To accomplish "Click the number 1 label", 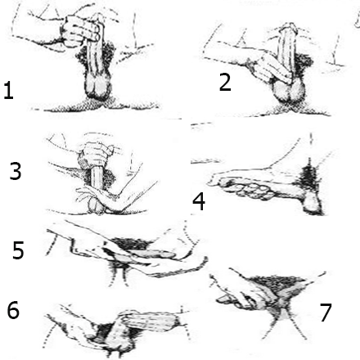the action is point(8,91).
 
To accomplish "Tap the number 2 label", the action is point(225,82).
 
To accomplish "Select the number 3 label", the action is point(16,171).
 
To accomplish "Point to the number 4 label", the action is point(199,201).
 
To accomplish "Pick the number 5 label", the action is point(18,250).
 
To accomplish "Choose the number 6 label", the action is point(13,310).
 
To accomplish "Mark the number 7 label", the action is point(326,312).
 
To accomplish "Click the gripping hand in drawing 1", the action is point(79,30).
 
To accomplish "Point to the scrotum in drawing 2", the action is point(289,92).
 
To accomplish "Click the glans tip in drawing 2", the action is point(289,26).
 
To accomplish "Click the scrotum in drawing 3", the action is point(97,206).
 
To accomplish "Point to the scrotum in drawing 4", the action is point(313,202).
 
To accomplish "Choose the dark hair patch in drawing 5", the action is point(131,244).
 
